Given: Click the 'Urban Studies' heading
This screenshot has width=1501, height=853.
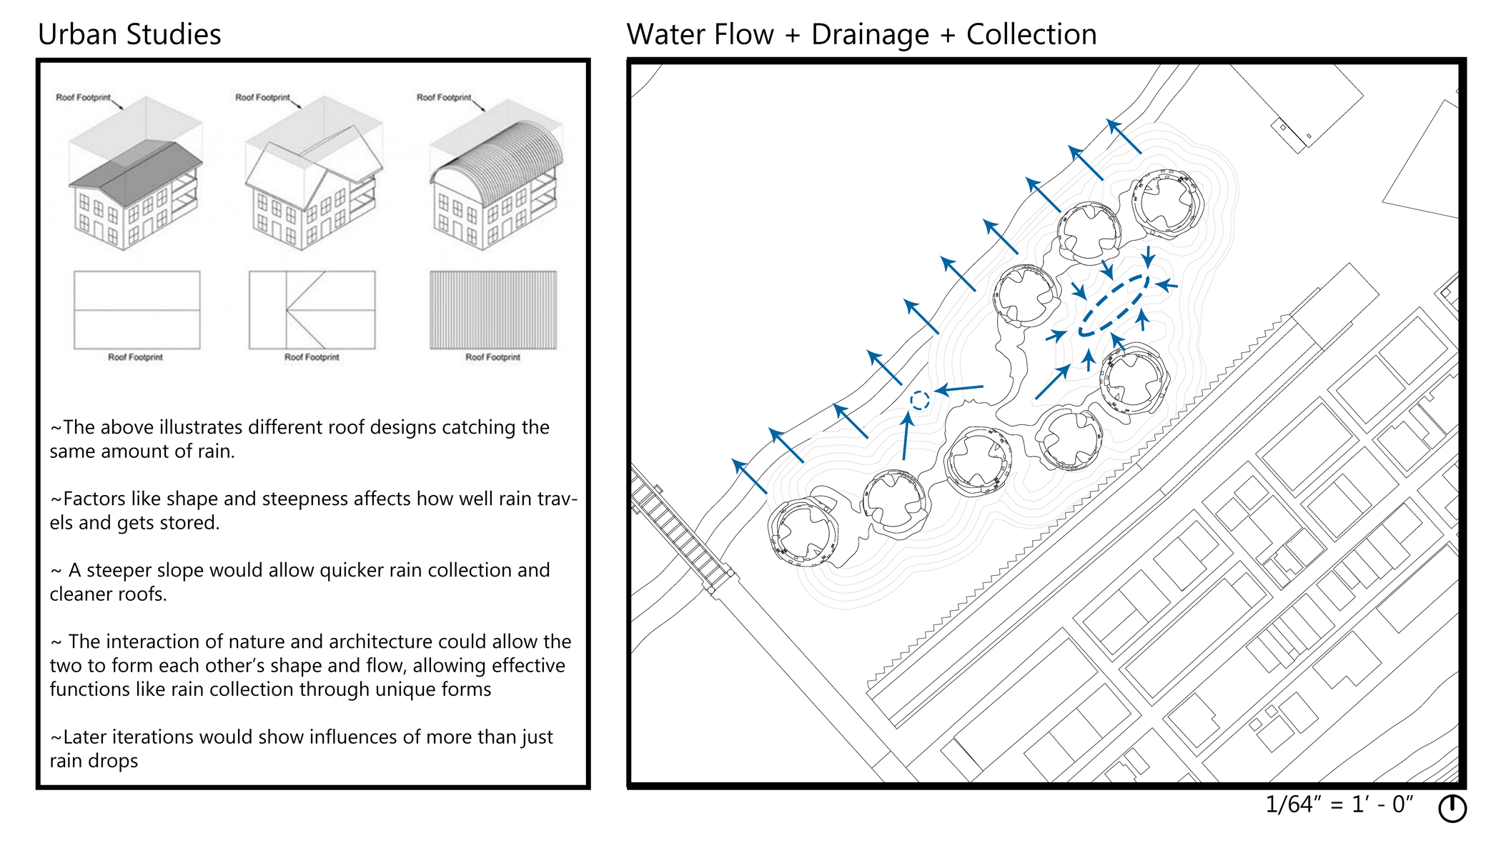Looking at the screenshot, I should pyautogui.click(x=129, y=34).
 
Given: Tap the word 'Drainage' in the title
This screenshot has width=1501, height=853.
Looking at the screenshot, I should pyautogui.click(x=870, y=34).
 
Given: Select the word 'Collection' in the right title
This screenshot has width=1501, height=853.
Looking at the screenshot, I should pyautogui.click(x=1031, y=34).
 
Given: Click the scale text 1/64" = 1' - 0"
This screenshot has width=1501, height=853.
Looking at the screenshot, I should pyautogui.click(x=1339, y=804).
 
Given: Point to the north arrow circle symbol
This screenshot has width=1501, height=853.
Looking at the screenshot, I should pyautogui.click(x=1452, y=808).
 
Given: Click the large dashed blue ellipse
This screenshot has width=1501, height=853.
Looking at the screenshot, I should pyautogui.click(x=1114, y=305).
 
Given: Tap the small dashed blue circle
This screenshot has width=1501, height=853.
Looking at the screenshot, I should pyautogui.click(x=920, y=400).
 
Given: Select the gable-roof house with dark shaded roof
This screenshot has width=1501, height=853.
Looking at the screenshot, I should pyautogui.click(x=135, y=193).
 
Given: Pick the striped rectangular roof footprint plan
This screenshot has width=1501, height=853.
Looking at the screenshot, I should pyautogui.click(x=493, y=310).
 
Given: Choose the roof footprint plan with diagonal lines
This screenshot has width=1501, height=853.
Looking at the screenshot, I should pyautogui.click(x=312, y=310).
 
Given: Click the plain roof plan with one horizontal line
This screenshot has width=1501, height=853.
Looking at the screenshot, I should pyautogui.click(x=137, y=310).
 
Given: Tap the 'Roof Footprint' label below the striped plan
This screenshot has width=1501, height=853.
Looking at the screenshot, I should pyautogui.click(x=492, y=357).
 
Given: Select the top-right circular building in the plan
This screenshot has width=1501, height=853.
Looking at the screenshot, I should pyautogui.click(x=1167, y=201).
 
